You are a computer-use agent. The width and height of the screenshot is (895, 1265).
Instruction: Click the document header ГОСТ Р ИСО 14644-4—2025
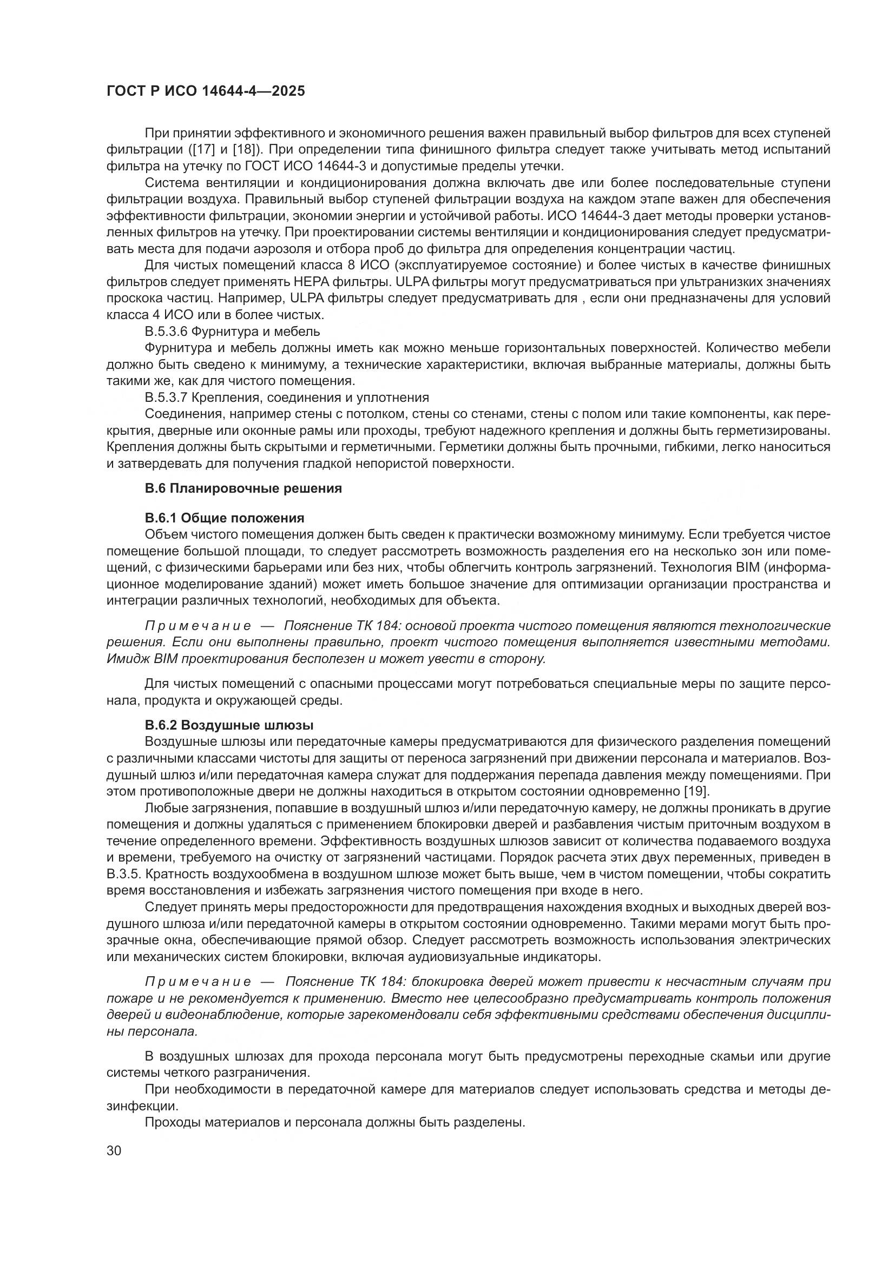[x=206, y=91]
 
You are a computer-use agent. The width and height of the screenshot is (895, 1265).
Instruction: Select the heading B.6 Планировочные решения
[x=243, y=488]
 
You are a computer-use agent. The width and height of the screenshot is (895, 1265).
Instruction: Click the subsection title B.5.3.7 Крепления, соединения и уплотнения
[x=287, y=398]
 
